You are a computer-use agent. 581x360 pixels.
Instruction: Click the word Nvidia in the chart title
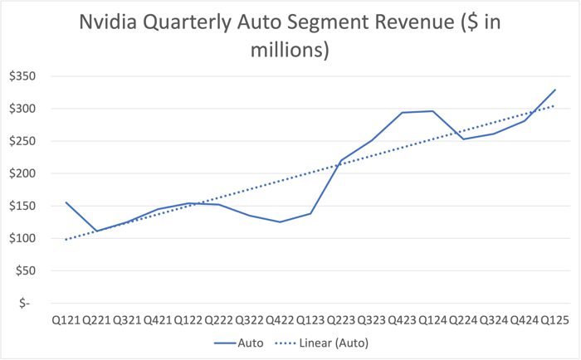click(113, 23)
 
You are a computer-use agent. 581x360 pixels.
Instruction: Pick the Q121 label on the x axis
click(66, 319)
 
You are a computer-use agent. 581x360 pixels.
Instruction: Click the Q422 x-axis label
click(281, 319)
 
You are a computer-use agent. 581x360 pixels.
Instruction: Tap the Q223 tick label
click(341, 319)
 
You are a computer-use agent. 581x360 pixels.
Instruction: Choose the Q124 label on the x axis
click(433, 319)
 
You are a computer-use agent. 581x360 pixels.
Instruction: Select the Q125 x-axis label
click(555, 319)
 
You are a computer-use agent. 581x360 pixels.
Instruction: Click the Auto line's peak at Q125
click(555, 90)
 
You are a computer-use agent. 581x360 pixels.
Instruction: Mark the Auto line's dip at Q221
click(96, 231)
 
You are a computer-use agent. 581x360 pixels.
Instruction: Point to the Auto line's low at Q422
click(281, 222)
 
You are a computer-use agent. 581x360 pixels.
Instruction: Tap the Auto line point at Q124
click(433, 111)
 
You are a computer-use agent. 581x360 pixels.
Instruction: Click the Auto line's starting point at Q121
click(66, 202)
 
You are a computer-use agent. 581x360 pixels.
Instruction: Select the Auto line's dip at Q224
click(464, 139)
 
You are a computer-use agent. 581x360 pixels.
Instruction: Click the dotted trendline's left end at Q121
click(66, 240)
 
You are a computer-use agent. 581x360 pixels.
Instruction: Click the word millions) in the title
click(290, 51)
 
